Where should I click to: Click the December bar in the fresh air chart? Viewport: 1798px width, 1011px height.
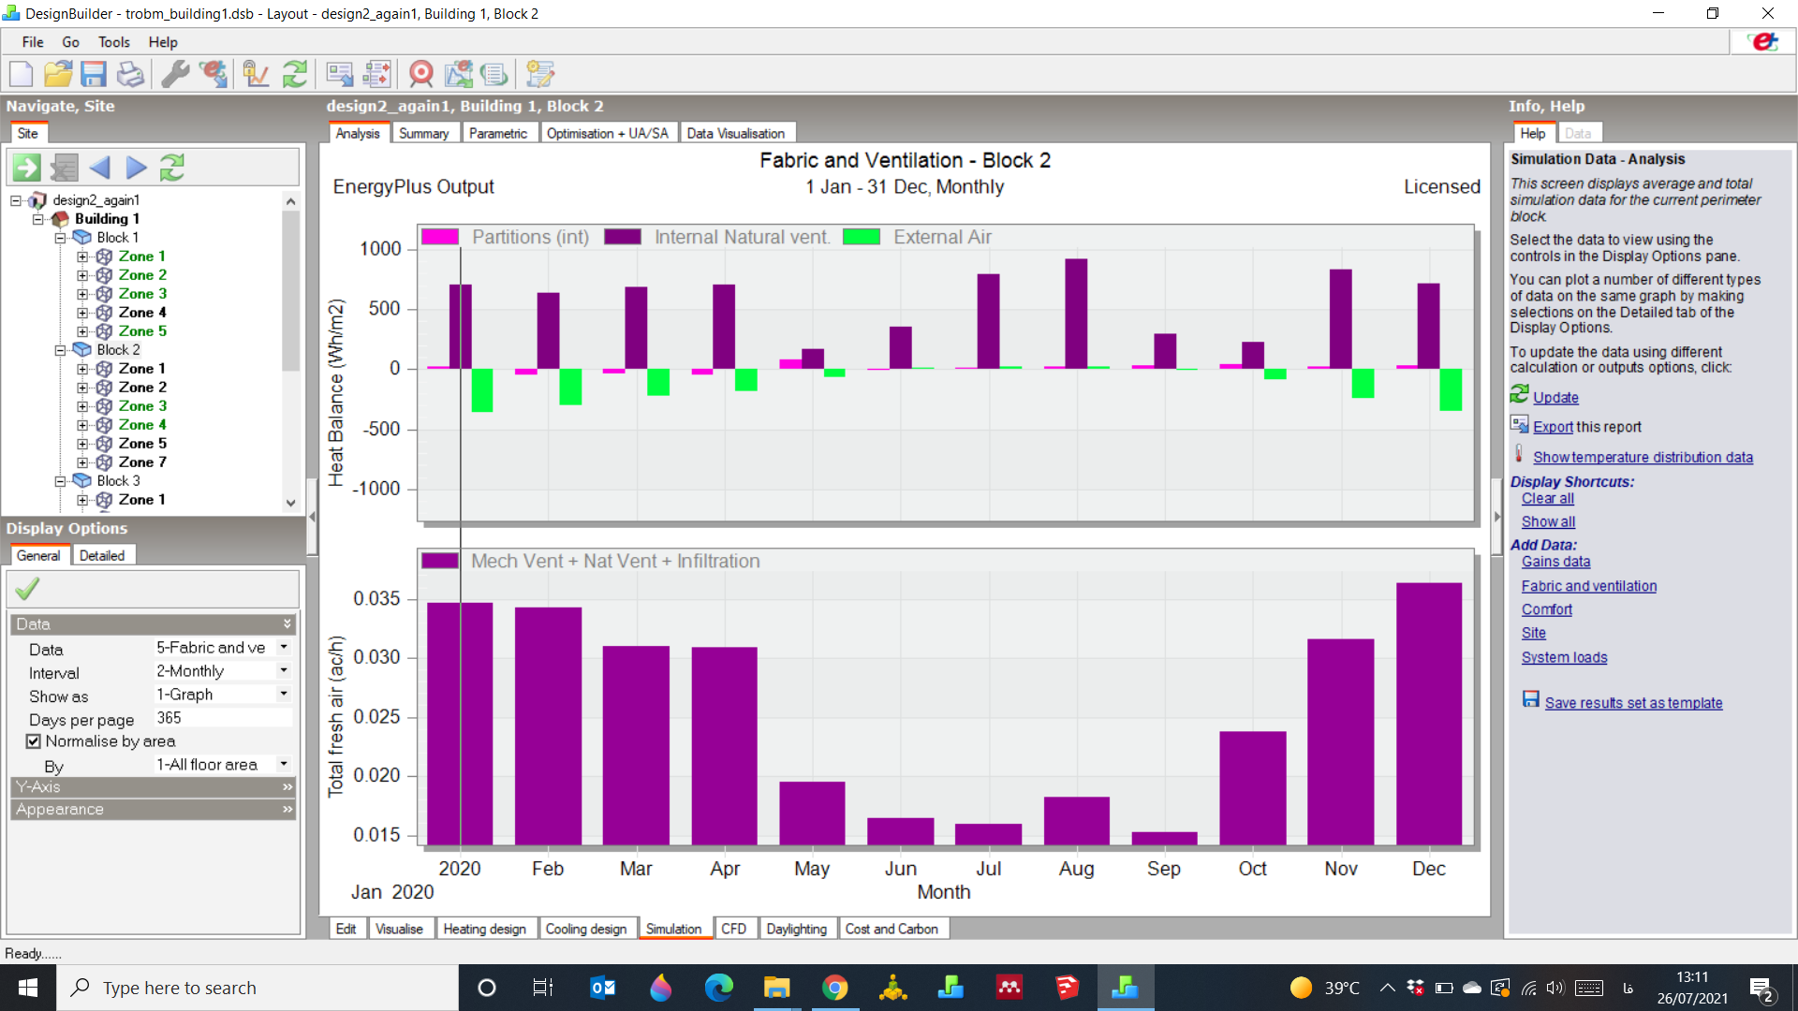pyautogui.click(x=1428, y=714)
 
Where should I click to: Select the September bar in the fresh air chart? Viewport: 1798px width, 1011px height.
pyautogui.click(x=1164, y=839)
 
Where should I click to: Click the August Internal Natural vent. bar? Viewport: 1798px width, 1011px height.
pyautogui.click(x=1076, y=314)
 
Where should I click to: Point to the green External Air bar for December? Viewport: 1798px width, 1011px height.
pyautogui.click(x=1451, y=389)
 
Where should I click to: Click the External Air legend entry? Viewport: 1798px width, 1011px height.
pyautogui.click(x=918, y=237)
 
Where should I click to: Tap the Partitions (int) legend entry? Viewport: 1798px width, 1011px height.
pyautogui.click(x=506, y=237)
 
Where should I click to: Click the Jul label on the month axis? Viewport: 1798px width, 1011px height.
pyautogui.click(x=988, y=869)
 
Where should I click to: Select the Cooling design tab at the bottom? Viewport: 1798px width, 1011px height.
pyautogui.click(x=586, y=929)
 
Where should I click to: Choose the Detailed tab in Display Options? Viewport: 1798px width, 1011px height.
pyautogui.click(x=102, y=555)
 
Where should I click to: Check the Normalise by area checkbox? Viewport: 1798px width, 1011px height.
pyautogui.click(x=34, y=741)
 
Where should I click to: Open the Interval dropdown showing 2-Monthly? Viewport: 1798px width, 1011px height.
pyautogui.click(x=223, y=670)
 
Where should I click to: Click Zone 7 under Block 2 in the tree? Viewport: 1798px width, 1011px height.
pyautogui.click(x=142, y=462)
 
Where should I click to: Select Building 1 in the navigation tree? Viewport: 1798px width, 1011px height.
pyautogui.click(x=107, y=218)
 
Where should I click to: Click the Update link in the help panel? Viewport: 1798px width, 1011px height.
pyautogui.click(x=1555, y=397)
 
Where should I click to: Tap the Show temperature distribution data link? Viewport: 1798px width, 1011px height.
pyautogui.click(x=1643, y=457)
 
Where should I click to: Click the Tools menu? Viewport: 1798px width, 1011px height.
pyautogui.click(x=114, y=42)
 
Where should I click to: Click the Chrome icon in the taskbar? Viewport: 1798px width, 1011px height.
pyautogui.click(x=834, y=988)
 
